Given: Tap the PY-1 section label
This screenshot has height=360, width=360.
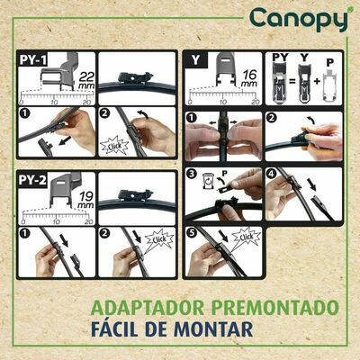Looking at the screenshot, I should (34, 61).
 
